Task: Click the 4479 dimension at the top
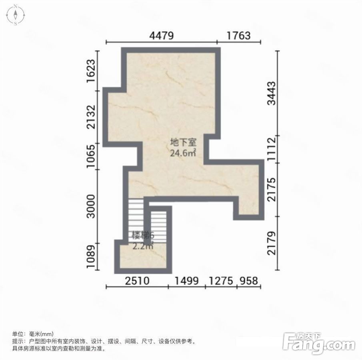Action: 161,36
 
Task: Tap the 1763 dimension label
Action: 238,36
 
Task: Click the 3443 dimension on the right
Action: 272,93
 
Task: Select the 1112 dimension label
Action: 272,149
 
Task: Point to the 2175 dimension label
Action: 272,189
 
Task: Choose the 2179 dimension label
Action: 272,243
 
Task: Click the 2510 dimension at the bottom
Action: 137,281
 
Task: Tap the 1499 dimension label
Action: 186,281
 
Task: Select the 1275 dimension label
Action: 221,281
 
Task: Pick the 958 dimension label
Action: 248,281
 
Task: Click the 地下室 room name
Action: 183,142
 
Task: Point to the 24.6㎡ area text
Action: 183,153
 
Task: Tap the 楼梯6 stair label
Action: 143,236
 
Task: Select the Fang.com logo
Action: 319,344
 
